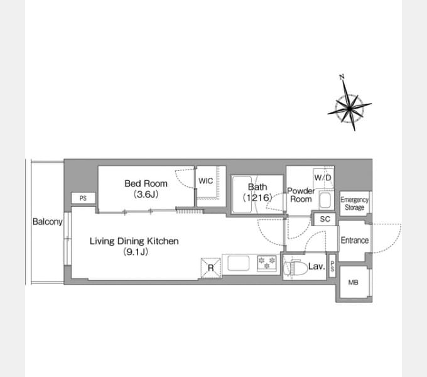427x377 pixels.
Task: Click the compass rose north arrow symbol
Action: point(349,109)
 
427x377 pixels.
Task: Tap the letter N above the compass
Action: point(342,77)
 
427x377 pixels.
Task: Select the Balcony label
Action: point(48,222)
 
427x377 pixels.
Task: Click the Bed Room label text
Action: point(146,183)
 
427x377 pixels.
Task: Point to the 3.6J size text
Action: point(146,195)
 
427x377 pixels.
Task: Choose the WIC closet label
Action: point(205,181)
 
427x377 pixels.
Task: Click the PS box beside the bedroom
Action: point(84,198)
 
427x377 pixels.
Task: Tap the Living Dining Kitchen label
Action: point(134,241)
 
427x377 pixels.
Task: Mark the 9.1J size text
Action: point(136,252)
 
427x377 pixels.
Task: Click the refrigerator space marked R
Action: point(211,268)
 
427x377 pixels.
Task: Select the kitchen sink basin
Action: point(238,263)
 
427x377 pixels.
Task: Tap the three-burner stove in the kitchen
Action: point(267,263)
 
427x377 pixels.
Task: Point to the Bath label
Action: point(257,187)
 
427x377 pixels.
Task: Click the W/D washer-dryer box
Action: point(323,178)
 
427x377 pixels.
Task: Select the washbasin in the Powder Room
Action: point(325,200)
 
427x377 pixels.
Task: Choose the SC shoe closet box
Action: point(325,219)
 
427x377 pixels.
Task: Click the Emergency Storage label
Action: point(355,204)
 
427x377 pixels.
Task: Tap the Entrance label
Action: point(355,240)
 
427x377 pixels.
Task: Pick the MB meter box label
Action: point(353,283)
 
